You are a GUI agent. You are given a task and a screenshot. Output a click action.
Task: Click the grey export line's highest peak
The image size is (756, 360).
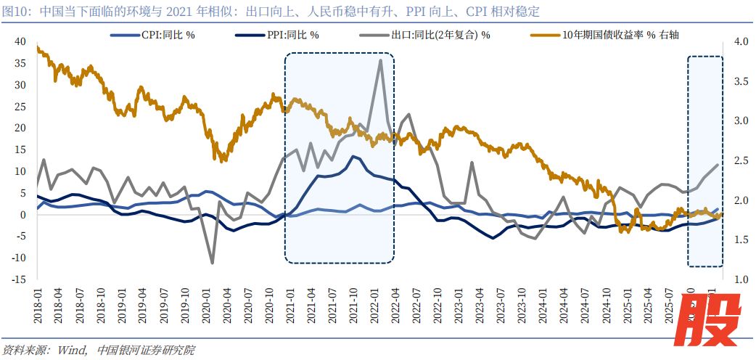381,60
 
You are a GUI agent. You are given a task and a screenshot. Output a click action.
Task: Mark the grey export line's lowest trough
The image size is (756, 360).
213,263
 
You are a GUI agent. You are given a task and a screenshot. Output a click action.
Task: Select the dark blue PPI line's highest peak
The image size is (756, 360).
353,156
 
